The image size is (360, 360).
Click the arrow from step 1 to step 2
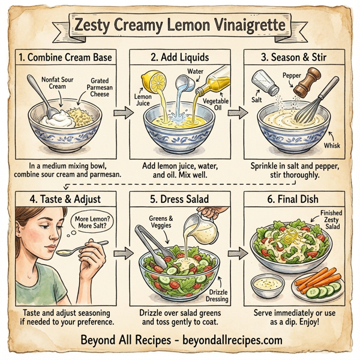coord(122,112)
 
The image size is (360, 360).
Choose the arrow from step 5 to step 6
coord(237,251)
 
